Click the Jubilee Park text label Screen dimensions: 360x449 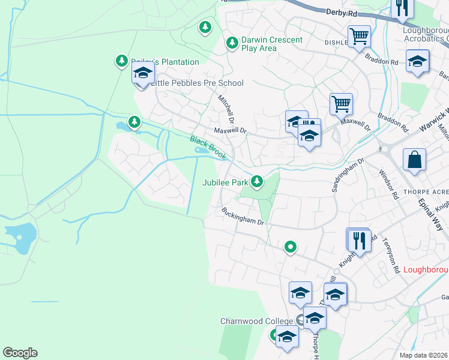point(225,182)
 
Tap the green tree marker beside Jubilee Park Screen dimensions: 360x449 point(258,181)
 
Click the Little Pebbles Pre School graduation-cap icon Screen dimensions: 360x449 point(143,74)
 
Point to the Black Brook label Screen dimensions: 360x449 point(208,148)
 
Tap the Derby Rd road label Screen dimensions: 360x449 point(342,12)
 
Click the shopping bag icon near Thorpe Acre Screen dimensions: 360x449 point(414,160)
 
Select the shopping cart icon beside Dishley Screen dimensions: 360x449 point(359,36)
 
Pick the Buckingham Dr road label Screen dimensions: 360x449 point(243,217)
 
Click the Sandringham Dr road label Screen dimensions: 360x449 point(349,175)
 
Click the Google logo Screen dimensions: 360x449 point(20,353)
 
